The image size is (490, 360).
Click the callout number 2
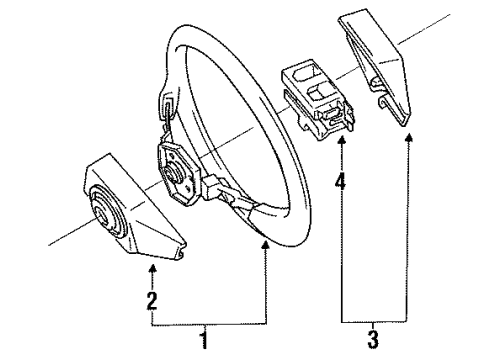coord(151,299)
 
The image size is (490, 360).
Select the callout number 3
coord(374,341)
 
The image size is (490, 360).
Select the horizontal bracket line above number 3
coord(375,324)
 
